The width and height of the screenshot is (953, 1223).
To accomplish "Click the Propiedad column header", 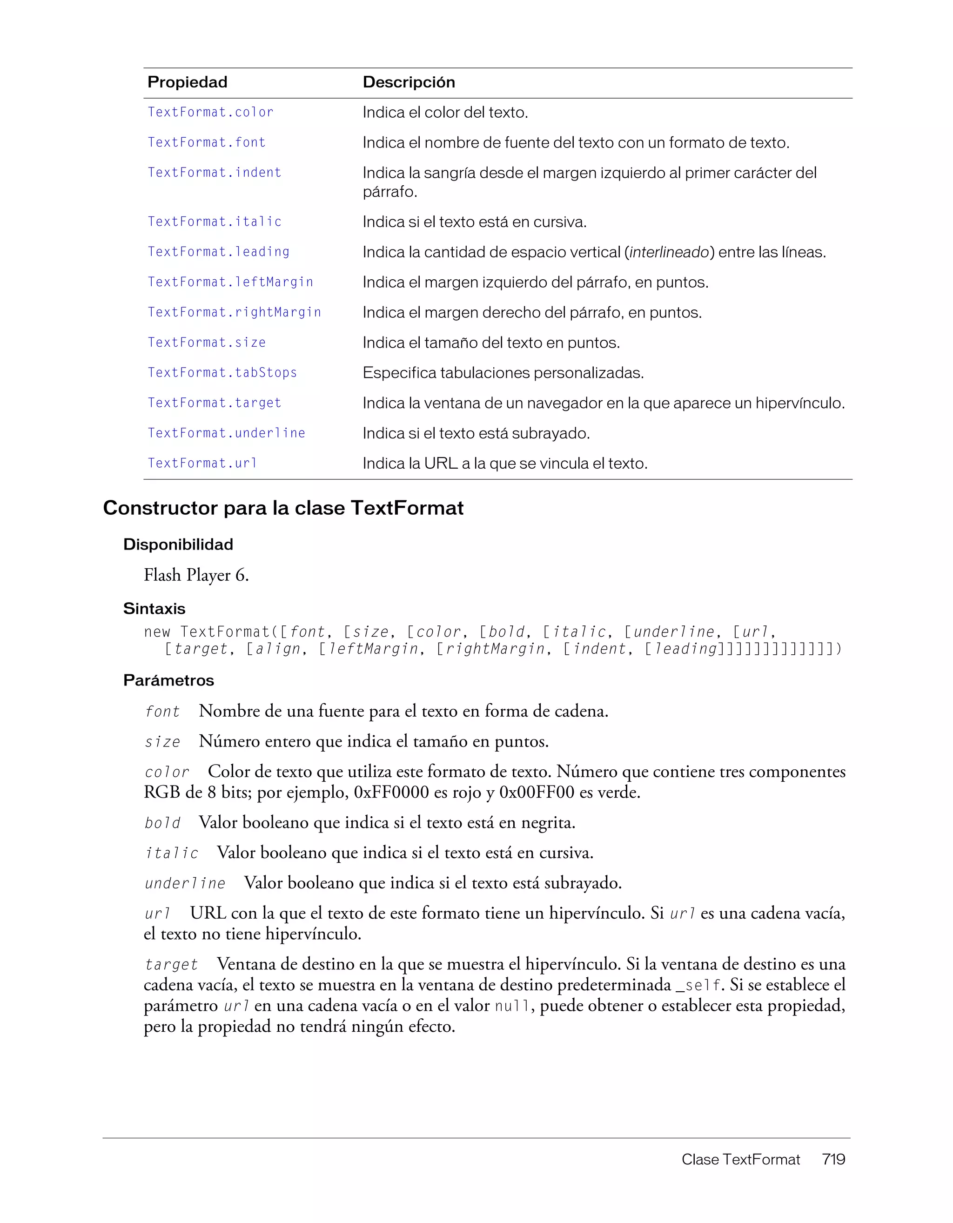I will point(187,82).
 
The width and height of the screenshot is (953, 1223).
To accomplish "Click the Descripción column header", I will point(408,82).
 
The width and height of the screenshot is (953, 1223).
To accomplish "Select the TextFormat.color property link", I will point(210,113).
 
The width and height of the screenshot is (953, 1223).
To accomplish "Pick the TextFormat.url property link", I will point(201,464).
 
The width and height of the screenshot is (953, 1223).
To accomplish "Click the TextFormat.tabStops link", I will point(222,373).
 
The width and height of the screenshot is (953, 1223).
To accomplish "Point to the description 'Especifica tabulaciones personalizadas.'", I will point(503,373).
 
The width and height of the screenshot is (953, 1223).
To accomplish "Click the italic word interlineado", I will point(669,253).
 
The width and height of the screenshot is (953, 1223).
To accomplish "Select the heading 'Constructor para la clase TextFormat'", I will point(283,508).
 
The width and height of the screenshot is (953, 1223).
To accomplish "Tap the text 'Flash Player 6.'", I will point(196,575).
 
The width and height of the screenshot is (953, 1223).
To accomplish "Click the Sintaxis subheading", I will point(154,609).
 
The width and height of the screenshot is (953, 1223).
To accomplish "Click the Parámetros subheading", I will point(168,680).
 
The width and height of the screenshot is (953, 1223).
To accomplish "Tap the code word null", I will point(512,1006).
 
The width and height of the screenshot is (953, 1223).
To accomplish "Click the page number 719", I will point(833,1159).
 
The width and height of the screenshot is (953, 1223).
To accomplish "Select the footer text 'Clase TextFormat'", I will point(740,1159).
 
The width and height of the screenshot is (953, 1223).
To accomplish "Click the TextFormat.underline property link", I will point(226,433).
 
